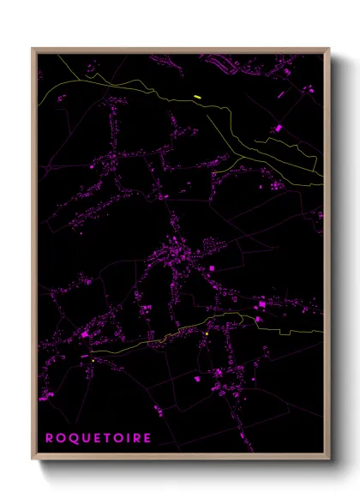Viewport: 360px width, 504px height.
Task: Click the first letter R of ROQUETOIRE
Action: click(x=50, y=437)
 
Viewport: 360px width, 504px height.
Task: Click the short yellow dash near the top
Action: click(x=197, y=96)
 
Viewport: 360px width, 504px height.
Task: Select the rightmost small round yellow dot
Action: click(x=207, y=333)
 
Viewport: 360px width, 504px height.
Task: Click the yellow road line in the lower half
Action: click(x=154, y=339)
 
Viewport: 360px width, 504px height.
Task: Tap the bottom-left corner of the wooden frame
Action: click(x=33, y=459)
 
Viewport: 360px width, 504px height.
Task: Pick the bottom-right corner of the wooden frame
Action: click(x=329, y=459)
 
